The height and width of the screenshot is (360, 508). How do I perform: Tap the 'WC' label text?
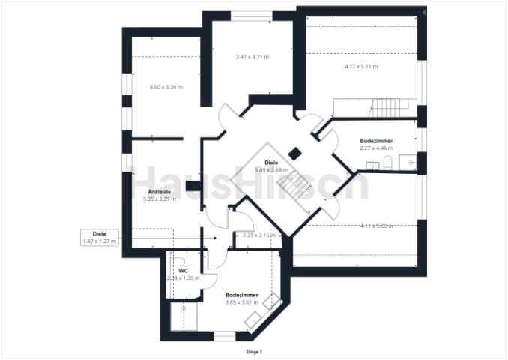pyautogui.click(x=182, y=270)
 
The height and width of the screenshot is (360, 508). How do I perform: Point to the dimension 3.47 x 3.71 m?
pyautogui.click(x=252, y=57)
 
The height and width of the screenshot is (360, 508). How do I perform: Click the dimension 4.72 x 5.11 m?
pyautogui.click(x=361, y=67)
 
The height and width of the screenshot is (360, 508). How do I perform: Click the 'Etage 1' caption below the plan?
pyautogui.click(x=254, y=351)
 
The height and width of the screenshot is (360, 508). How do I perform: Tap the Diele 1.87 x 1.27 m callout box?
pyautogui.click(x=99, y=237)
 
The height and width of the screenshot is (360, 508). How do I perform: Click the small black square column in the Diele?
pyautogui.click(x=295, y=153)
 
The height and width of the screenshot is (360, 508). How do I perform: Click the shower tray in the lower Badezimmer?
pyautogui.click(x=184, y=316)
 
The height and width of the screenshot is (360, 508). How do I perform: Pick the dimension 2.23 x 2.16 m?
pyautogui.click(x=258, y=235)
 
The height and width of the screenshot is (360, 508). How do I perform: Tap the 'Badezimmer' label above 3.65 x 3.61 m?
pyautogui.click(x=242, y=295)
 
